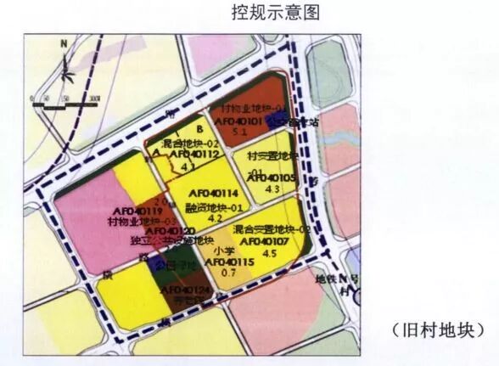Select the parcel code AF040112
[x=194, y=155]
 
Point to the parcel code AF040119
[x=135, y=211]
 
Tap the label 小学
[x=224, y=251]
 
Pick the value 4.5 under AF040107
[x=269, y=251]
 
